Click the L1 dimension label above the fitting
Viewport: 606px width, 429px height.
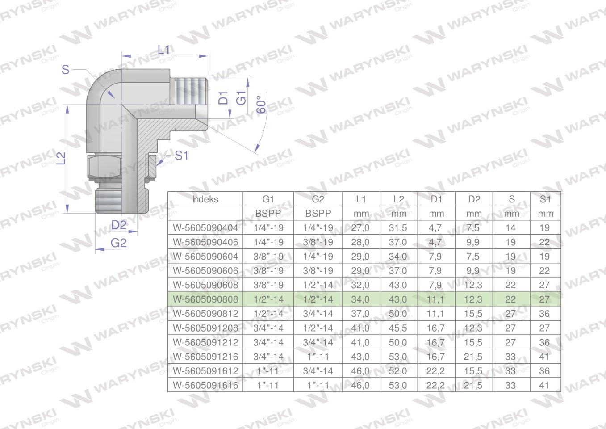pyautogui.click(x=164, y=50)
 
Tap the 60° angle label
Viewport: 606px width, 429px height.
pyautogui.click(x=261, y=104)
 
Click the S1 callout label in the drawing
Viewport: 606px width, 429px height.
pyautogui.click(x=181, y=156)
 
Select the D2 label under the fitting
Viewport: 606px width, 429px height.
pyautogui.click(x=119, y=225)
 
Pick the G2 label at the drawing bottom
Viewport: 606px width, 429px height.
pyautogui.click(x=118, y=243)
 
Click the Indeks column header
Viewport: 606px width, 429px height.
pyautogui.click(x=205, y=199)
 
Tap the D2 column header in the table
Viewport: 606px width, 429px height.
pyautogui.click(x=474, y=199)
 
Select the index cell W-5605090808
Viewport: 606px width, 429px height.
pyautogui.click(x=205, y=299)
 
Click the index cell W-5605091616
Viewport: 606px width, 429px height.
pyautogui.click(x=205, y=385)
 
